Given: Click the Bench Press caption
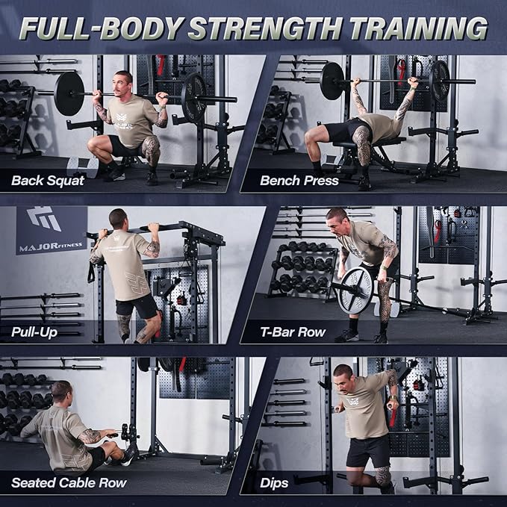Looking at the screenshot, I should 299,180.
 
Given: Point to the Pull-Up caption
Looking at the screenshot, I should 35,331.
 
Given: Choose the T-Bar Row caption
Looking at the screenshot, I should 292,331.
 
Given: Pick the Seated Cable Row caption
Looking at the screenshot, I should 69,482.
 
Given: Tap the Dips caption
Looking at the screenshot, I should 275,482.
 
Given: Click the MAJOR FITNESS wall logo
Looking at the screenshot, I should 51,229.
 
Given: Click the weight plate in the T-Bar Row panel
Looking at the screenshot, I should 355,290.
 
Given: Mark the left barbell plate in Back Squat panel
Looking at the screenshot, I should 69,93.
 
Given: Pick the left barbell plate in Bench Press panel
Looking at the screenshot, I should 332,81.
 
